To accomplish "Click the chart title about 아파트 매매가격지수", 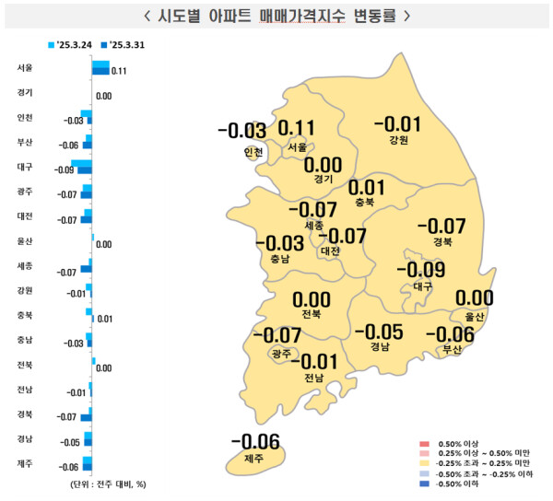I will point(276,17).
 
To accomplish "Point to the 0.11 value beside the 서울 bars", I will point(118,71).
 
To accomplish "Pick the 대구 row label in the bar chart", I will point(25,167).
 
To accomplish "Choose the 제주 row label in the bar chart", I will point(25,464).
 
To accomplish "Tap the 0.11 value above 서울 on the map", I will point(297,128).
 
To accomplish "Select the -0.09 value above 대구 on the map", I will point(420,270).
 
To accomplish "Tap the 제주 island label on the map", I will point(254,458).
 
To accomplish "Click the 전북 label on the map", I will point(311,315).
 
